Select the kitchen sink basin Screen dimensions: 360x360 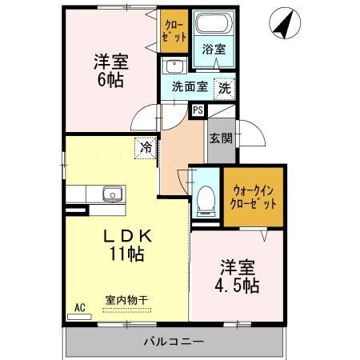(x=112, y=193)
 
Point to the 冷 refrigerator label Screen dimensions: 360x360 (x=146, y=146)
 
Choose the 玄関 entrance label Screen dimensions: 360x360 (x=221, y=138)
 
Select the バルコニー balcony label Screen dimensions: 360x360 (x=174, y=342)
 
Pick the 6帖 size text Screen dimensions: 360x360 (x=111, y=78)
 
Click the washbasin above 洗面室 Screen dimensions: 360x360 (x=174, y=66)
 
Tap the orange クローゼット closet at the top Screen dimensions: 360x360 (x=174, y=30)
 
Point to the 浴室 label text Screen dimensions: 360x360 (x=214, y=50)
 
